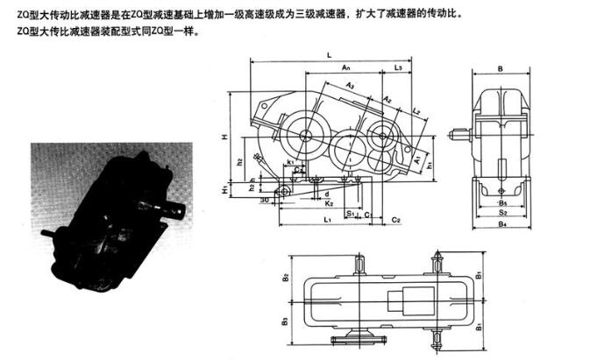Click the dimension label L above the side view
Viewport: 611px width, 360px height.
point(329,55)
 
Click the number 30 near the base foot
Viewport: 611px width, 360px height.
point(264,199)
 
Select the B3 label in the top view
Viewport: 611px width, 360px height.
point(286,321)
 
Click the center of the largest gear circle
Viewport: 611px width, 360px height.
point(307,135)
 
